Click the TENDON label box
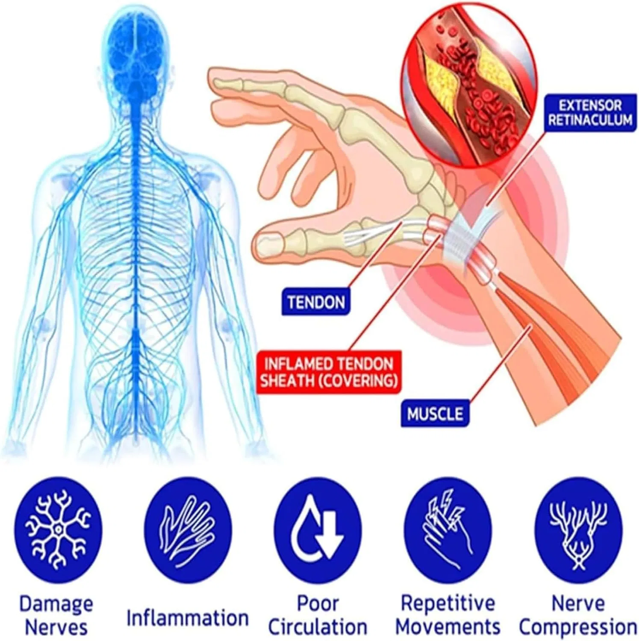[316, 302]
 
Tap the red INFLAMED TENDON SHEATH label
[329, 371]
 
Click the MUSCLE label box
[435, 414]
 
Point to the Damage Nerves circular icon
[58, 529]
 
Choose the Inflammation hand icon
[188, 530]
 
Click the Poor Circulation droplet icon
[318, 530]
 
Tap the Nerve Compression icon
[579, 530]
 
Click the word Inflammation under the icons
[188, 617]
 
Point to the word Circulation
[318, 627]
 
